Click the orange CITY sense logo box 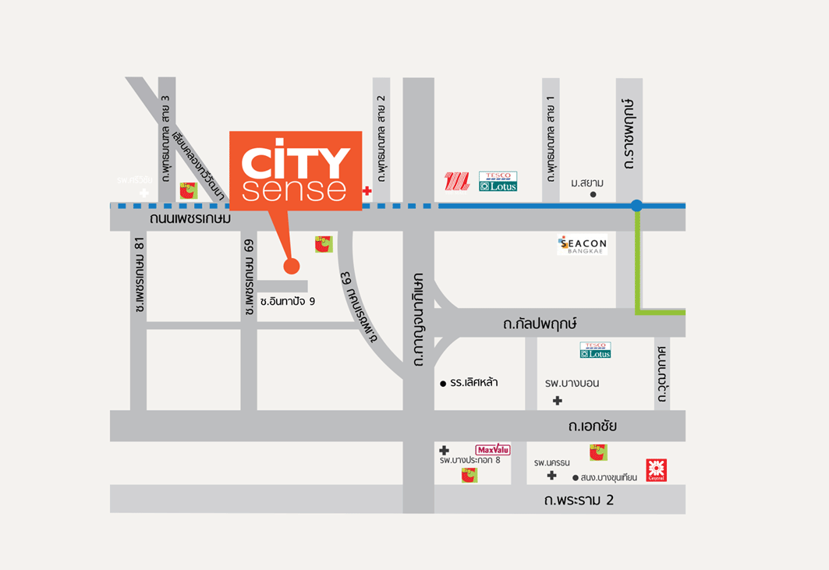tap(296, 170)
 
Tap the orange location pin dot tap(292, 267)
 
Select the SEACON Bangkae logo tap(583, 245)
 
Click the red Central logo tap(657, 470)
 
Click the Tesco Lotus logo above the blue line tap(498, 182)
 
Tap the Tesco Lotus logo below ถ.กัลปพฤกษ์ tap(595, 350)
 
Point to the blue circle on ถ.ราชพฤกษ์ tap(636, 206)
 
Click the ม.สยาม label tap(587, 182)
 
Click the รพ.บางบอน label tap(572, 383)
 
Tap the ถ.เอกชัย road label tap(593, 427)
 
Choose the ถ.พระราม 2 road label tap(579, 500)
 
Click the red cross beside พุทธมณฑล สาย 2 tap(367, 190)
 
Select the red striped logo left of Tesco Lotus tap(457, 182)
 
